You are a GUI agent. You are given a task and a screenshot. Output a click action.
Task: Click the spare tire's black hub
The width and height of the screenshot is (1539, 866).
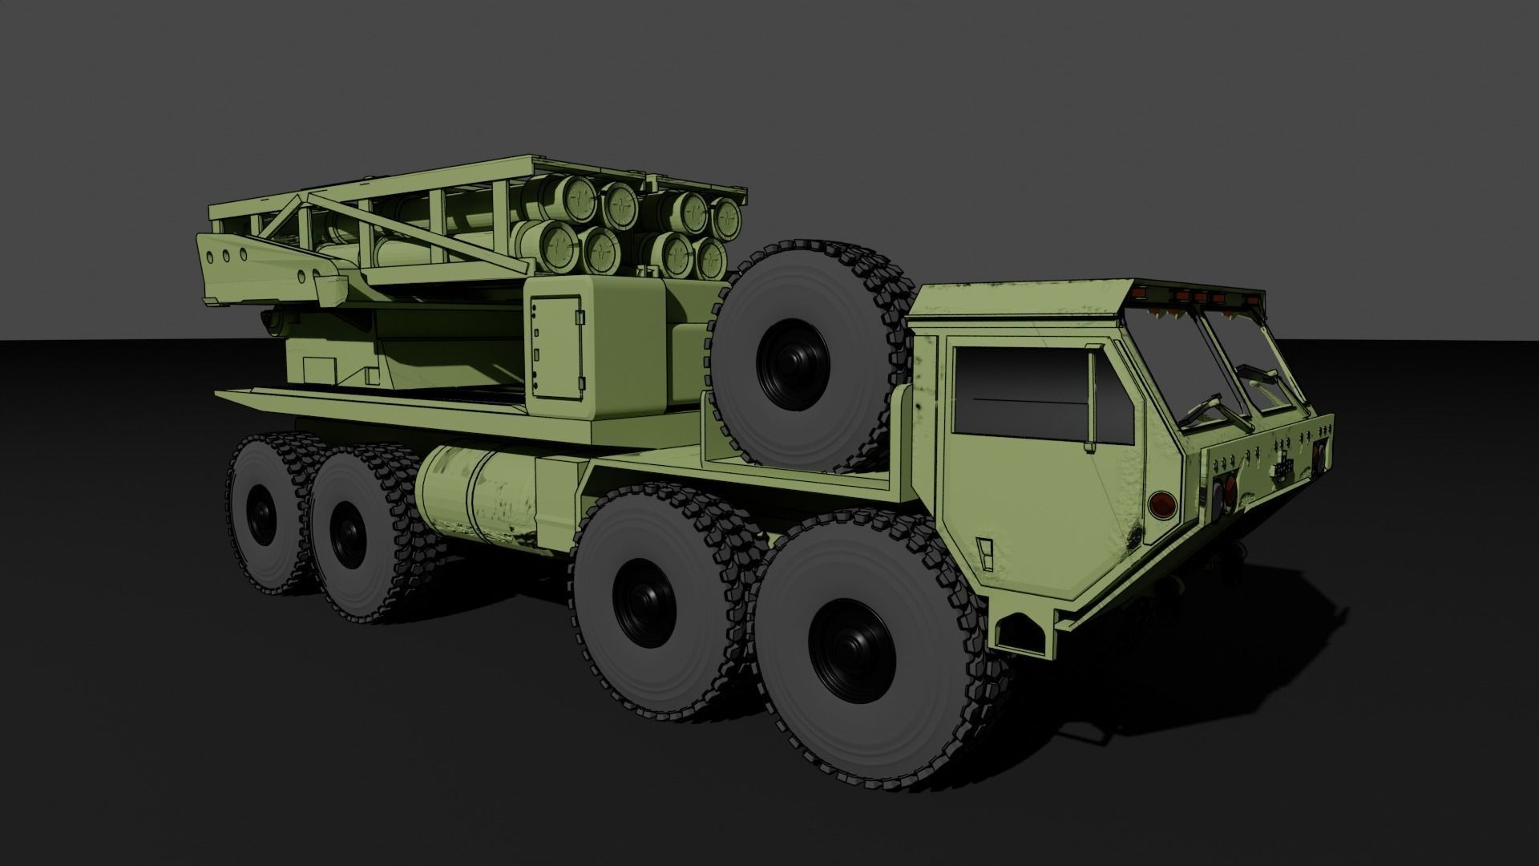pyautogui.click(x=793, y=362)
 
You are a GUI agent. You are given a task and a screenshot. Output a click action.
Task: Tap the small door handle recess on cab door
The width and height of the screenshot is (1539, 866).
pyautogui.click(x=985, y=549)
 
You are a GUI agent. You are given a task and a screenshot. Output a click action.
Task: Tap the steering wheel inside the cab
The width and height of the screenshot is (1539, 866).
pyautogui.click(x=1202, y=409)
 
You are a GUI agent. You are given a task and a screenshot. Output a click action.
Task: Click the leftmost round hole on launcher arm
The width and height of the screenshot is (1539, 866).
pyautogui.click(x=209, y=257)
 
